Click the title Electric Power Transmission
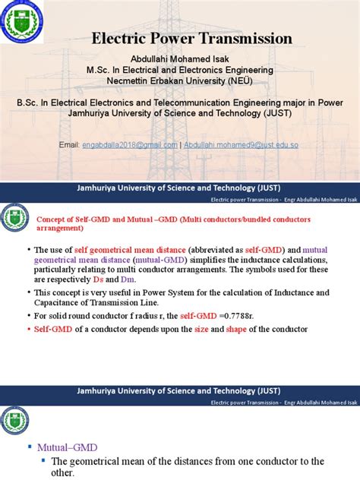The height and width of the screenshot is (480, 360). [191, 38]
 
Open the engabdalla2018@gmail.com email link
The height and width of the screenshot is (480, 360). [130, 144]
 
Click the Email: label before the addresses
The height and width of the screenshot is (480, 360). [69, 144]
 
